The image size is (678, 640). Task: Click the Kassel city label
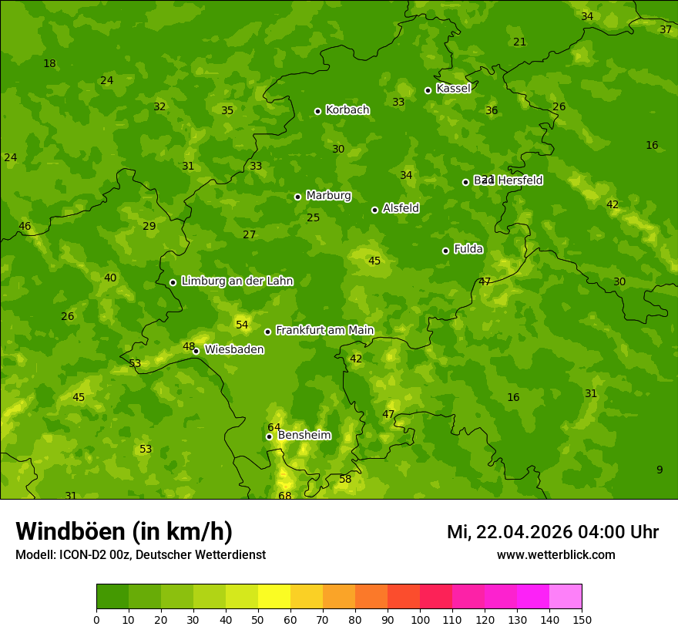453,89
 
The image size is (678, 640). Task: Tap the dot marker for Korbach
317,111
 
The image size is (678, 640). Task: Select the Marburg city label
328,196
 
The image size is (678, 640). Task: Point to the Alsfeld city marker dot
374,210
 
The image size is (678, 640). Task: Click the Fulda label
468,249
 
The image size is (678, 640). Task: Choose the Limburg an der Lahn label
237,281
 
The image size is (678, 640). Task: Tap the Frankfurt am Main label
324,331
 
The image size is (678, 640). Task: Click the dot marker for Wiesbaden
196,351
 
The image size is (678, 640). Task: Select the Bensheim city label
304,436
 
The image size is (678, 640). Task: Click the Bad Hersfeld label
508,180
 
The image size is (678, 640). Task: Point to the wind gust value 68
285,496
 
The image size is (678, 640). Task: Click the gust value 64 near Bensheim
274,427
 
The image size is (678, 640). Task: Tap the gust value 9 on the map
659,470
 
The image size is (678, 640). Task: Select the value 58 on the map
345,479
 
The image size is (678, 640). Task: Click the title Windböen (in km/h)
124,531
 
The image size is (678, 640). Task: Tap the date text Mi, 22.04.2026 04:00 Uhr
552,532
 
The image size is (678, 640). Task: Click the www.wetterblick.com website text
555,555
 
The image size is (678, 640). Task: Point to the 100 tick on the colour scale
420,620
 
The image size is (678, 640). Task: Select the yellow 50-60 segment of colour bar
274,597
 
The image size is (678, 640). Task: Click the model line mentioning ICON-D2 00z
140,555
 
